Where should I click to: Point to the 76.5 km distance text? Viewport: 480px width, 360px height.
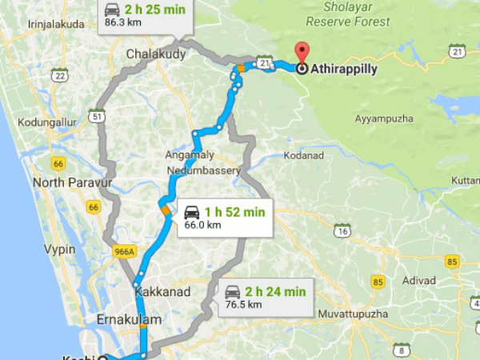click(243, 304)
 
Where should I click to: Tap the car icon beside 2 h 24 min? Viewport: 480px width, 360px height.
click(232, 291)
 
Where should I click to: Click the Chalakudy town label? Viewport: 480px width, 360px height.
click(156, 54)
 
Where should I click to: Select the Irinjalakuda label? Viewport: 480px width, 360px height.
click(56, 24)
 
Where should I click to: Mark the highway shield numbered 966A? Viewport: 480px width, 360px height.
click(124, 250)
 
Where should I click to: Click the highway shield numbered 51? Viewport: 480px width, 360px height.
click(98, 116)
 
